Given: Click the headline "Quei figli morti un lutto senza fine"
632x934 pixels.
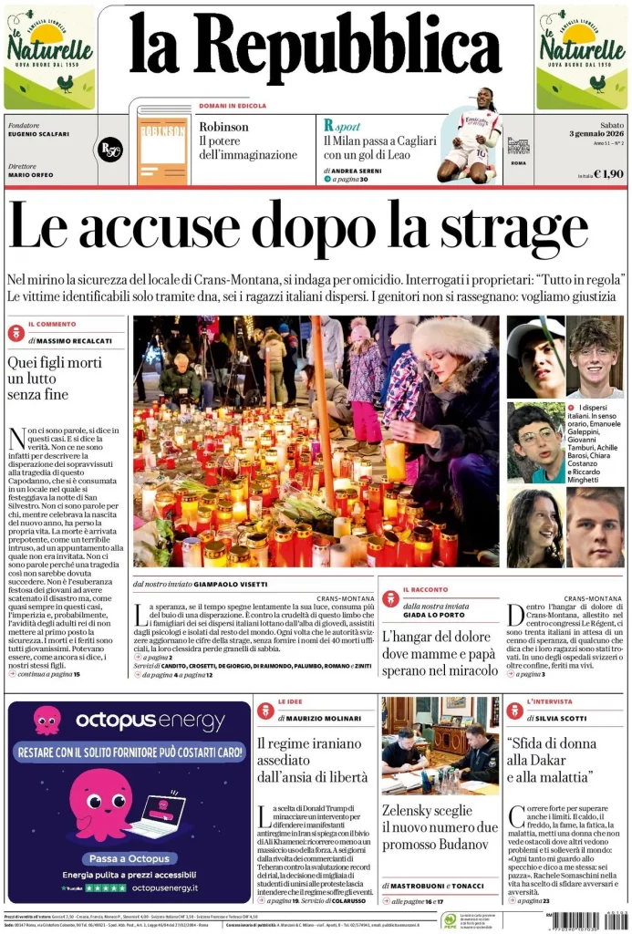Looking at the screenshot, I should click(x=50, y=378).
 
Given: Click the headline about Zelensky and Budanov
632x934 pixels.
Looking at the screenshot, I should click(x=440, y=826).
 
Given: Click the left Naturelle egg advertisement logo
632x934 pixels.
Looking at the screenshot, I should click(x=49, y=57).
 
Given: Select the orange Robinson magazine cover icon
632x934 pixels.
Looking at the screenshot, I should click(x=162, y=148).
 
